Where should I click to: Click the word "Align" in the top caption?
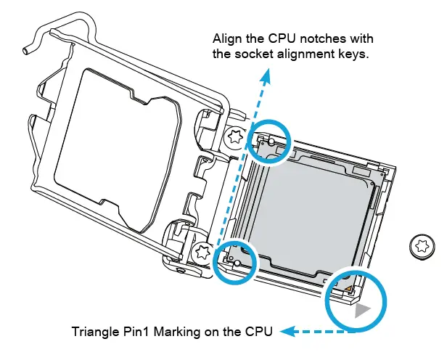[x=228, y=38]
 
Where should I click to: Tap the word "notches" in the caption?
[x=327, y=38]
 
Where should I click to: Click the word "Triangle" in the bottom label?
[x=96, y=332]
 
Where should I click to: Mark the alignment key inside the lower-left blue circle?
[x=236, y=259]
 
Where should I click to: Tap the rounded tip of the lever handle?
[x=27, y=52]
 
